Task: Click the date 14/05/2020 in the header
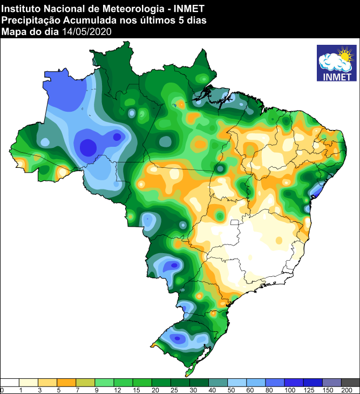click(86, 32)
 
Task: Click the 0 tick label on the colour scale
click(2, 390)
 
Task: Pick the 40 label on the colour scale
click(208, 390)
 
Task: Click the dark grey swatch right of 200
click(350, 382)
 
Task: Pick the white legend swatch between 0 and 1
click(10, 382)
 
